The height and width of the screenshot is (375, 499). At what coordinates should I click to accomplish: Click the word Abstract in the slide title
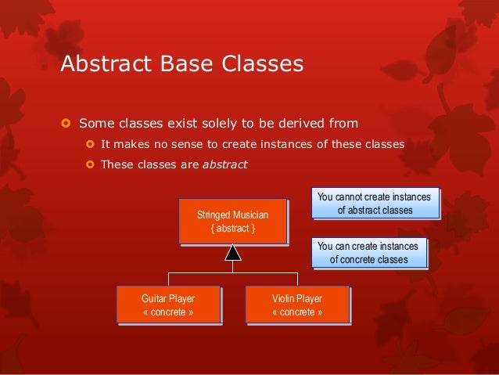pyautogui.click(x=106, y=63)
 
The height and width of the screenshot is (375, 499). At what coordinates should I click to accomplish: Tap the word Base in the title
pyautogui.click(x=186, y=63)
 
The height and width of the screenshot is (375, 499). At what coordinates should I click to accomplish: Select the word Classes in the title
pyautogui.click(x=263, y=63)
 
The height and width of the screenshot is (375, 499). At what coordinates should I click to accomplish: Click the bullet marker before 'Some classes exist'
pyautogui.click(x=66, y=123)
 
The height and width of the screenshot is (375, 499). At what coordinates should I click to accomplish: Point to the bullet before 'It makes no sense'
pyautogui.click(x=90, y=144)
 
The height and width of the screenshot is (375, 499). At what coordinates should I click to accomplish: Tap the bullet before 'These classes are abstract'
pyautogui.click(x=90, y=164)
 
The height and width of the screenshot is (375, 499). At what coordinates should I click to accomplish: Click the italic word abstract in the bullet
pyautogui.click(x=225, y=164)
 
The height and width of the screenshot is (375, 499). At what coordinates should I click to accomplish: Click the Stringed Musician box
pyautogui.click(x=233, y=222)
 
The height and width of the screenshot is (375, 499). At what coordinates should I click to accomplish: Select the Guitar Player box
pyautogui.click(x=169, y=305)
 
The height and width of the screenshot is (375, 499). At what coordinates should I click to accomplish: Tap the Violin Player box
pyautogui.click(x=298, y=305)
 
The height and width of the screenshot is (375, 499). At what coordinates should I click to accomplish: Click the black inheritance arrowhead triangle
pyautogui.click(x=233, y=253)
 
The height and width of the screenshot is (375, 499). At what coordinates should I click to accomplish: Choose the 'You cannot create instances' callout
pyautogui.click(x=375, y=204)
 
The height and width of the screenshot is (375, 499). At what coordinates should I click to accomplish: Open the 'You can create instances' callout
pyautogui.click(x=369, y=253)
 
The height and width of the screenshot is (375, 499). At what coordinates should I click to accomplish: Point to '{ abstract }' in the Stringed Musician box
pyautogui.click(x=232, y=229)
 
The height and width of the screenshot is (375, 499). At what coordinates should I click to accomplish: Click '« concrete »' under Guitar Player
pyautogui.click(x=168, y=312)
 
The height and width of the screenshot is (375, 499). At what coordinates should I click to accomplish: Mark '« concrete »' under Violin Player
pyautogui.click(x=297, y=312)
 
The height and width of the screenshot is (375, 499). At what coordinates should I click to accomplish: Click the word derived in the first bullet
pyautogui.click(x=301, y=123)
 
